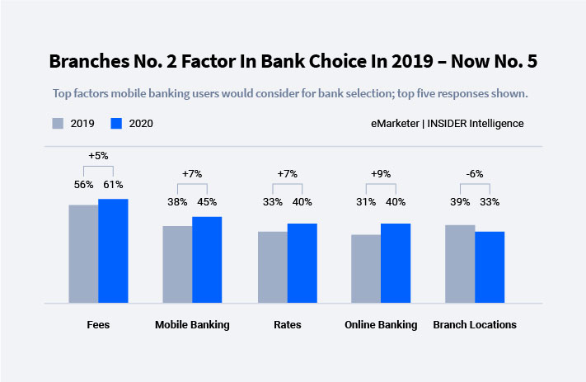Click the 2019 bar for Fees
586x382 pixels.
[83, 254]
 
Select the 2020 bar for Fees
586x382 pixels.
[113, 251]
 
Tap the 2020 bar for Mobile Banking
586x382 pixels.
[207, 260]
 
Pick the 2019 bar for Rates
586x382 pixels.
[272, 267]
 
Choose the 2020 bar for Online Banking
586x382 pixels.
[396, 263]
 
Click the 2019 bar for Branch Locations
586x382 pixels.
[460, 264]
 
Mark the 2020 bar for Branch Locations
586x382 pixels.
[490, 267]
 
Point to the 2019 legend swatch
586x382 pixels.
[59, 124]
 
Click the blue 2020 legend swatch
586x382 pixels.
[116, 124]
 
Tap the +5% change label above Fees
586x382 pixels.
[99, 154]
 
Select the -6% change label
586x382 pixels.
[474, 173]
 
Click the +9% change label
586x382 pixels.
[381, 173]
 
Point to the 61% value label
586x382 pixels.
[113, 185]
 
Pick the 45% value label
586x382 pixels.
[207, 202]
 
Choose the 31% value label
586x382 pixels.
[366, 202]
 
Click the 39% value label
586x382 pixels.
[459, 202]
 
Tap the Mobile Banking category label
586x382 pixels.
[192, 325]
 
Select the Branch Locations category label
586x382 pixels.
[475, 325]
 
